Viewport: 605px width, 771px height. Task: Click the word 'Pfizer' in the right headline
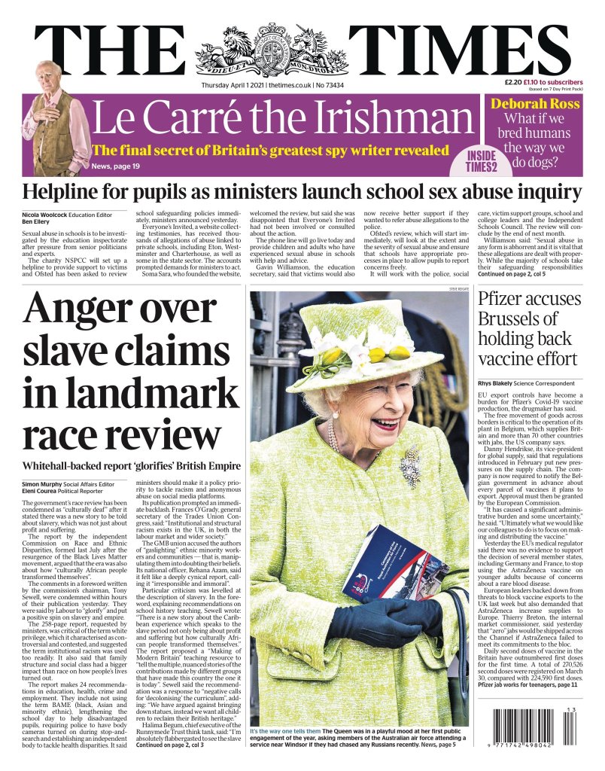(503, 299)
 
